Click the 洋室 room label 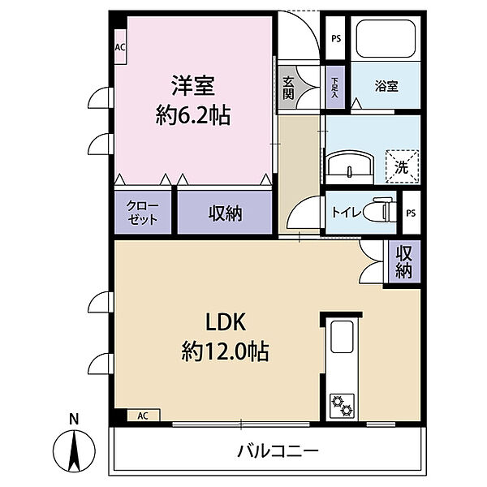[193, 86]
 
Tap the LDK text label [226, 322]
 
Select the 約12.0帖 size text [225, 351]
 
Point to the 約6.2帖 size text [193, 115]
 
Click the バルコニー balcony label [278, 451]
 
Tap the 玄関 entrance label [288, 88]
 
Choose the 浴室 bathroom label [386, 86]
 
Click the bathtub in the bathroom [386, 38]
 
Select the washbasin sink [349, 166]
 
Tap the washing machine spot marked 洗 [403, 166]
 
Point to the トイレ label [346, 212]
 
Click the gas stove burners [342, 405]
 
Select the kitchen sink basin [342, 337]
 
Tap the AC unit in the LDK [144, 416]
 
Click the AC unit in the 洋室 [120, 47]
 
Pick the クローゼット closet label [143, 213]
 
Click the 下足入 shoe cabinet [334, 88]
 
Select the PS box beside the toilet [412, 213]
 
